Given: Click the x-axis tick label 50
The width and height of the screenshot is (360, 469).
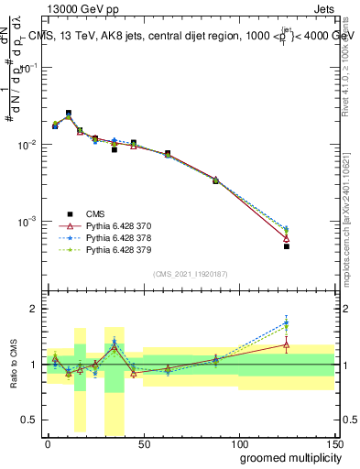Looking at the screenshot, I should (x=143, y=442).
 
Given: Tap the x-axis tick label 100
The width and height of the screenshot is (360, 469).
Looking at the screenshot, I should (x=238, y=442).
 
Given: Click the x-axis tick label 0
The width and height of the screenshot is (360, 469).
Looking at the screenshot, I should (x=48, y=442).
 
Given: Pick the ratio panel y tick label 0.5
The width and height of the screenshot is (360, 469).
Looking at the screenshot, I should (x=30, y=420).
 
